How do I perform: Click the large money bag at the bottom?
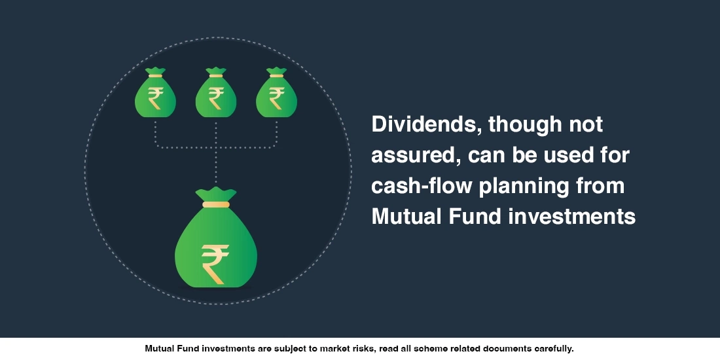tap(216, 245)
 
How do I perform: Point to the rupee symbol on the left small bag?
tap(155, 99)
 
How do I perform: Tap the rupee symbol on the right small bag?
tap(276, 99)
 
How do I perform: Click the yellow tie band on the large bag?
tap(216, 204)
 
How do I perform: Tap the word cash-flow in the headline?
tap(422, 187)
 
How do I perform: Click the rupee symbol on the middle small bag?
tap(216, 99)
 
